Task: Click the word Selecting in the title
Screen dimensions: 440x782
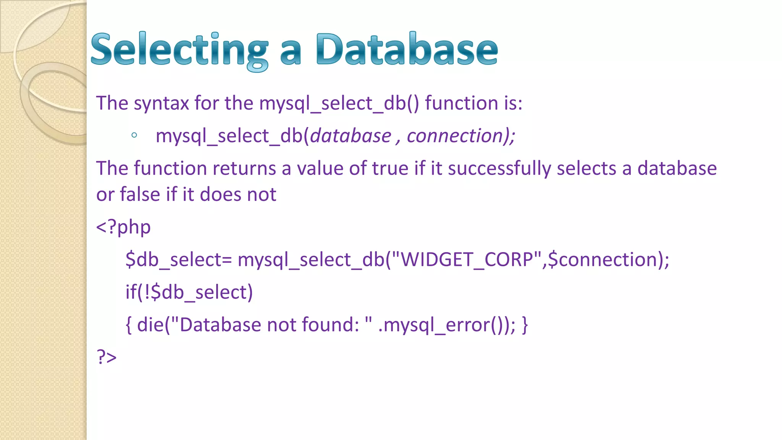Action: (x=179, y=50)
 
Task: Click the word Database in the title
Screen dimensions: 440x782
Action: (x=407, y=50)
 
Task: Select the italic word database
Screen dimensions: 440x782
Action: (x=351, y=136)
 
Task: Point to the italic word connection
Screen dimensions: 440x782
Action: (x=456, y=136)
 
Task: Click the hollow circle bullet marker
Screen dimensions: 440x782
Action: (x=134, y=135)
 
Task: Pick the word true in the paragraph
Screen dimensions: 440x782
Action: (x=390, y=168)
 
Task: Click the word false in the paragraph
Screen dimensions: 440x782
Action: (x=140, y=194)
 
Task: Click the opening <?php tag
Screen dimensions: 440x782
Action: (x=123, y=227)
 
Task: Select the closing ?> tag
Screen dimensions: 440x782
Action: (x=107, y=357)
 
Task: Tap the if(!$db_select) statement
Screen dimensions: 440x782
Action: (x=189, y=293)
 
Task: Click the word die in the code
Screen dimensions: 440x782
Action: (x=150, y=325)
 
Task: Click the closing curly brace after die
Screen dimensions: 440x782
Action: (x=525, y=325)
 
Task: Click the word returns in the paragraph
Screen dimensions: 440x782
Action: (x=244, y=168)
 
